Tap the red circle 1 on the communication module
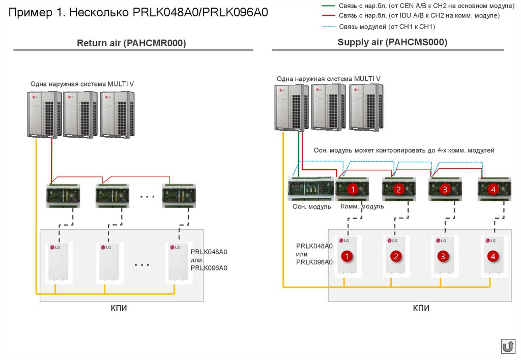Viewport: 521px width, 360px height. click(x=351, y=190)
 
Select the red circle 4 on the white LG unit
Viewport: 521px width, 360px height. click(x=492, y=256)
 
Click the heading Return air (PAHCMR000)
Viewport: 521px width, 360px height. click(x=131, y=44)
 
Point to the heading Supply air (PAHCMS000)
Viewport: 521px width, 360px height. click(x=392, y=43)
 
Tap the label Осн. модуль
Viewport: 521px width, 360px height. click(x=311, y=206)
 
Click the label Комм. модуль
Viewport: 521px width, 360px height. click(x=362, y=206)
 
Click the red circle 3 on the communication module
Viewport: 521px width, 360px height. click(x=445, y=190)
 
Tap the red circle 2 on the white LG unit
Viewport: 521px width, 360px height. click(x=395, y=256)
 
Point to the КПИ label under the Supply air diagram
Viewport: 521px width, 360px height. click(x=421, y=308)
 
